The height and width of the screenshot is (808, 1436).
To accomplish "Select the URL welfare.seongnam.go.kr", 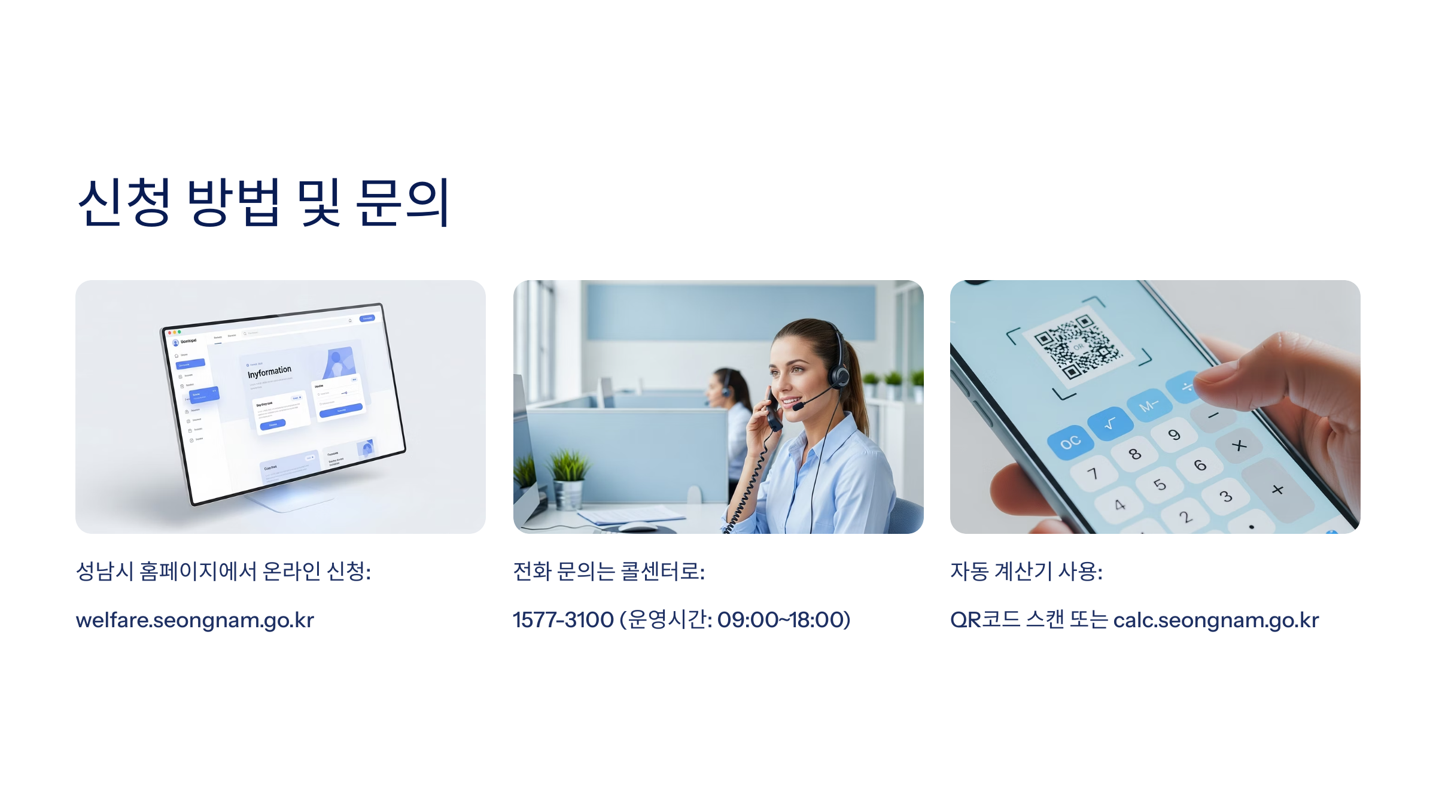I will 194,620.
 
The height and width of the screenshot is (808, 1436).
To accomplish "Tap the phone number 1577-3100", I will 563,620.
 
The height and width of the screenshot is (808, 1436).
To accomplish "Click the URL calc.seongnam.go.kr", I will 1216,620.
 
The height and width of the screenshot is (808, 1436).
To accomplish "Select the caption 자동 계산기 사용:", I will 1026,572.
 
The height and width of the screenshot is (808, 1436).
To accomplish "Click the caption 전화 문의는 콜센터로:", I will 609,572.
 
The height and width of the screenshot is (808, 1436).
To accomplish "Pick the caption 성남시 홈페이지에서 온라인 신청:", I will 223,572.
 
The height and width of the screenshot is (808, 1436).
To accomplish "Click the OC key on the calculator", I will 1070,443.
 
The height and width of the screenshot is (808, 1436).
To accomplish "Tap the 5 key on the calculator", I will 1160,484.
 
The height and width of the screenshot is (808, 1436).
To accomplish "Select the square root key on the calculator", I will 1110,424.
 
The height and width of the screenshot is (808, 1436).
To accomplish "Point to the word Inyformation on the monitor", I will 269,372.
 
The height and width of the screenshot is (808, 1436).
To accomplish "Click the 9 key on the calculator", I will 1174,435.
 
